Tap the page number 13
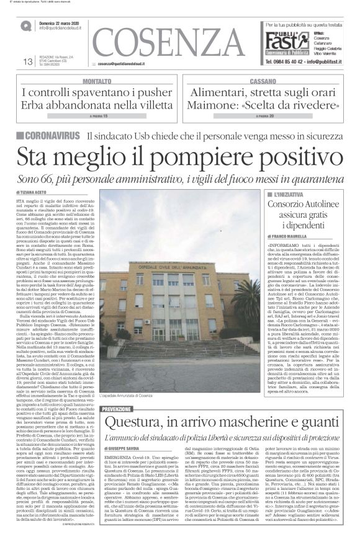[27, 61]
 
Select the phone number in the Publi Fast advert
[294, 61]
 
